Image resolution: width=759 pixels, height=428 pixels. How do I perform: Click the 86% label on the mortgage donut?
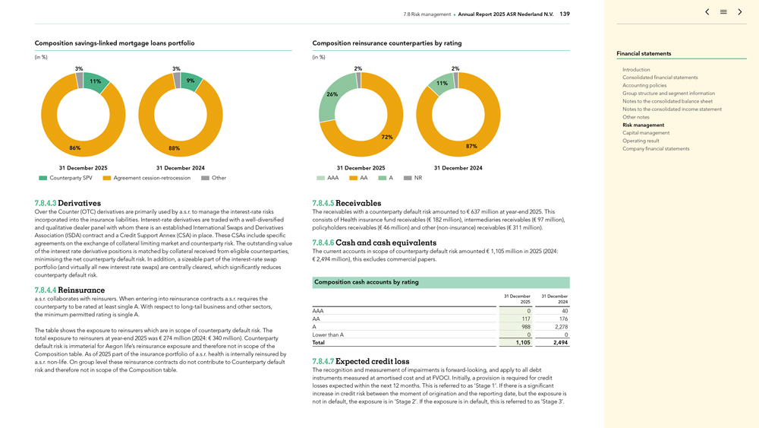(74, 148)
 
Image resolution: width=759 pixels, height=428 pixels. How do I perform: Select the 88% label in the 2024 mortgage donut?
(174, 148)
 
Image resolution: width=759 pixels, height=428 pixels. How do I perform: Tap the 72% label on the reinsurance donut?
(386, 137)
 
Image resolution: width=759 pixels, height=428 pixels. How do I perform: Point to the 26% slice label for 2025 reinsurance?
(332, 94)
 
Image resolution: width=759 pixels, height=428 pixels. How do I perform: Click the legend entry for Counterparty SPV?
(66, 178)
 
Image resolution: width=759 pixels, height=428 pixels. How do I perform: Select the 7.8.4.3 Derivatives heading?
(68, 204)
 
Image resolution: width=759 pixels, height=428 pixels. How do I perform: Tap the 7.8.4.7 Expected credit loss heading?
(361, 361)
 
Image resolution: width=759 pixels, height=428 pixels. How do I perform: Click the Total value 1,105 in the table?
(523, 343)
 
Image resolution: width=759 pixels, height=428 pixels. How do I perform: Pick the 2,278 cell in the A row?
(559, 327)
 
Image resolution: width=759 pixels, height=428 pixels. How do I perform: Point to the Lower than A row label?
(328, 335)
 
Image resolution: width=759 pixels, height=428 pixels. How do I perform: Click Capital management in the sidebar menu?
(646, 133)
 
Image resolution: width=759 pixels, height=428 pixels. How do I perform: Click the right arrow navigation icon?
(740, 12)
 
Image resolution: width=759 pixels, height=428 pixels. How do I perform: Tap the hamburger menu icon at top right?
(723, 12)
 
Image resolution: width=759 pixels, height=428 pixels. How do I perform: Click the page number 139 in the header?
(565, 14)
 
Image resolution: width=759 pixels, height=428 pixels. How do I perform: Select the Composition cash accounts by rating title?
(367, 282)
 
